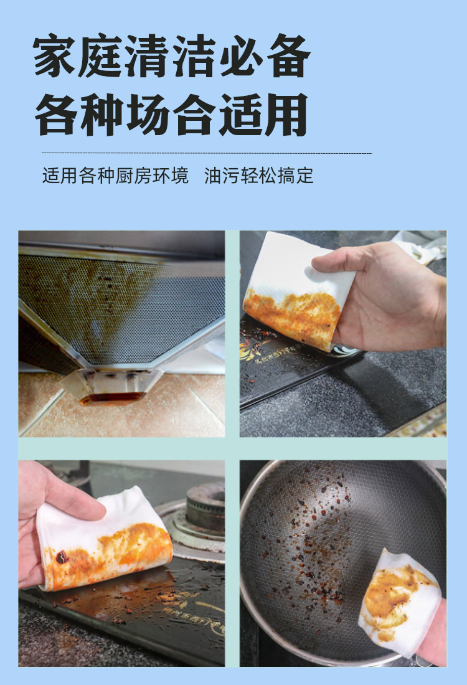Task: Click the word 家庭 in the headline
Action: coord(78,57)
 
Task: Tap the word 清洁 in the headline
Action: coord(172,57)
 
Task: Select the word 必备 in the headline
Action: coord(265,57)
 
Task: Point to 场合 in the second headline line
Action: coord(172,115)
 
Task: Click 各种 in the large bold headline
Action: coord(78,115)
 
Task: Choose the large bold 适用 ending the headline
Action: coord(265,115)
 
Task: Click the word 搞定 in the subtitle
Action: coord(295,176)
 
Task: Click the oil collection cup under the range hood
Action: coord(112,389)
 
